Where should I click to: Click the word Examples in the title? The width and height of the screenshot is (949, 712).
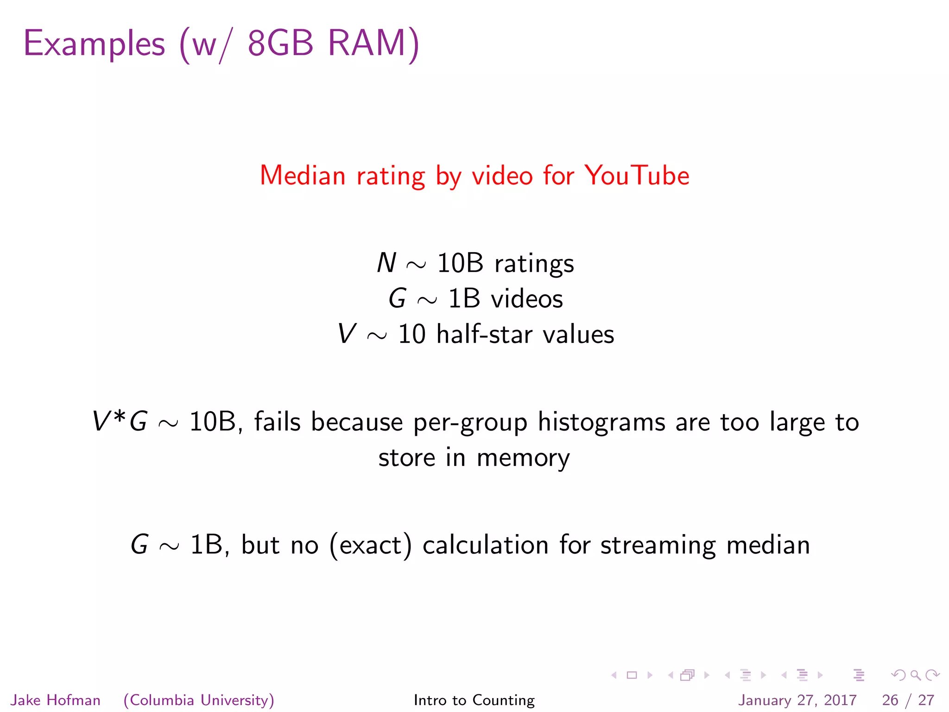pos(94,44)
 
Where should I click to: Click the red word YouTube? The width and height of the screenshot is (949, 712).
pos(637,176)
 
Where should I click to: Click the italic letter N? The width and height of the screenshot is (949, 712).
pos(386,263)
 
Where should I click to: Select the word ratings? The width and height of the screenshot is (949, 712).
pos(534,264)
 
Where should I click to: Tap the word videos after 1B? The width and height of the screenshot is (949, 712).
pos(527,299)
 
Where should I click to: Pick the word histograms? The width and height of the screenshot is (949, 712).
pos(601,423)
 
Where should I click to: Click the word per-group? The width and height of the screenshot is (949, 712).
pos(470,423)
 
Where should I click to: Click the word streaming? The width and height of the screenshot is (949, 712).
pos(658,546)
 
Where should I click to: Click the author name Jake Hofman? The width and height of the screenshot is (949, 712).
pos(56,700)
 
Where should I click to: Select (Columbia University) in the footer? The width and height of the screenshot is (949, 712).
pos(199,700)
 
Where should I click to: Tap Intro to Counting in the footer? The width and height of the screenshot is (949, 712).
pos(474,700)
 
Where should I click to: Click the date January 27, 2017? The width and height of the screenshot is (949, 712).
pos(797,700)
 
